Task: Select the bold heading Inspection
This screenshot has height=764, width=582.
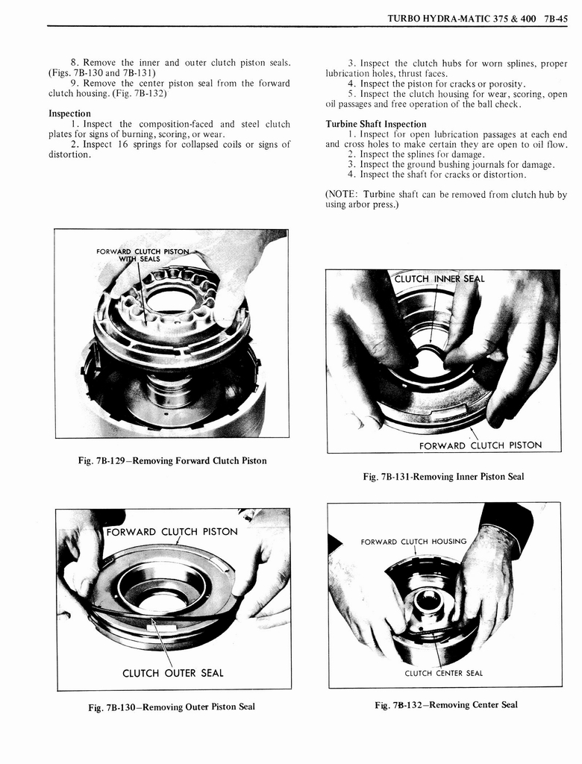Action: [69, 113]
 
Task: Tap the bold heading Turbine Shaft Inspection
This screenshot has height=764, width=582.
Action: [376, 124]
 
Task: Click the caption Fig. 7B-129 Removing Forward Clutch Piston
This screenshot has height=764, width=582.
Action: [172, 460]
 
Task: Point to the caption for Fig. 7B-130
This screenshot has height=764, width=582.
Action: [172, 707]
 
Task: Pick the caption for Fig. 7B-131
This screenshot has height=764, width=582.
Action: [443, 476]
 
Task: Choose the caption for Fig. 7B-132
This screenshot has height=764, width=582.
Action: [446, 704]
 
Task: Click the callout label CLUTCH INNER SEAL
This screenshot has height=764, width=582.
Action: [439, 279]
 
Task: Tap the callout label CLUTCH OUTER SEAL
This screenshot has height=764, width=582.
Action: [172, 673]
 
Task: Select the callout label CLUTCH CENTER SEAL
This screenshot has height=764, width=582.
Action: [443, 673]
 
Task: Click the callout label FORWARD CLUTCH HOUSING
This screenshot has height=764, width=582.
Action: [413, 541]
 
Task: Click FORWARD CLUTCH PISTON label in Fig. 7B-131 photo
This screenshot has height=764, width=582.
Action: [480, 445]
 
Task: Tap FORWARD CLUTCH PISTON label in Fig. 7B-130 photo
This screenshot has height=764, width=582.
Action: [172, 532]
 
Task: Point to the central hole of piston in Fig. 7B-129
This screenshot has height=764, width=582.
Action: [171, 300]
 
